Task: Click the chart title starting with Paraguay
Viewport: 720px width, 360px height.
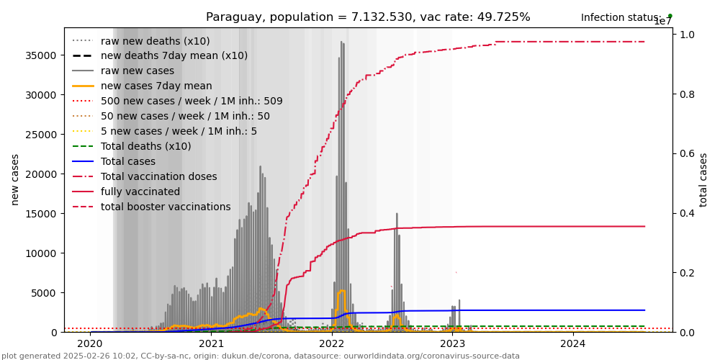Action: click(x=368, y=17)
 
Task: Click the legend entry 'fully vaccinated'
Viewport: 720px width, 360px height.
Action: click(x=140, y=192)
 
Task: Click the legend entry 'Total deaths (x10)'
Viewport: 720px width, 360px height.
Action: click(x=146, y=146)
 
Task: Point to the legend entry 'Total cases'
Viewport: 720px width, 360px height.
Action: click(x=128, y=161)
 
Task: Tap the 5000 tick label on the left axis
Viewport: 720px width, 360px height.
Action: click(x=45, y=293)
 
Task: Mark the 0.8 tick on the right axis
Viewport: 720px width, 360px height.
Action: click(x=688, y=94)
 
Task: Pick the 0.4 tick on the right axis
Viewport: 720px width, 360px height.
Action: click(x=688, y=213)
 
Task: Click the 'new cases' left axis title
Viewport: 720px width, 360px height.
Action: click(x=15, y=179)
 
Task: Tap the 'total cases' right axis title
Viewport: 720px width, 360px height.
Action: click(x=703, y=179)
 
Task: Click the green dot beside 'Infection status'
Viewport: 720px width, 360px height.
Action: click(x=670, y=16)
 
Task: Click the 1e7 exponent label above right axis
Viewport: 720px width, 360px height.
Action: click(x=662, y=22)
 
